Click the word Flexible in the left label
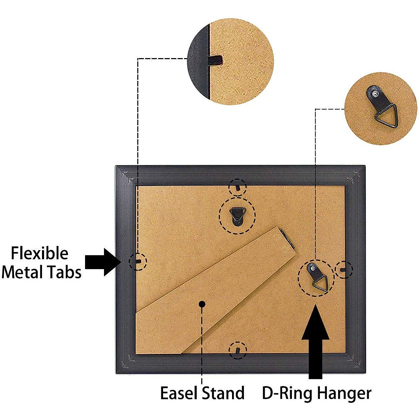[x=40, y=253]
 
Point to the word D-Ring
[x=286, y=393]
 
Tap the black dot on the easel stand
[x=202, y=304]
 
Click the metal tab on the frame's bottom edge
[x=237, y=350]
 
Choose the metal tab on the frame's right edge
[x=343, y=269]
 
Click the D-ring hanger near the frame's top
[x=238, y=215]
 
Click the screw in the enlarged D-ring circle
[x=375, y=94]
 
